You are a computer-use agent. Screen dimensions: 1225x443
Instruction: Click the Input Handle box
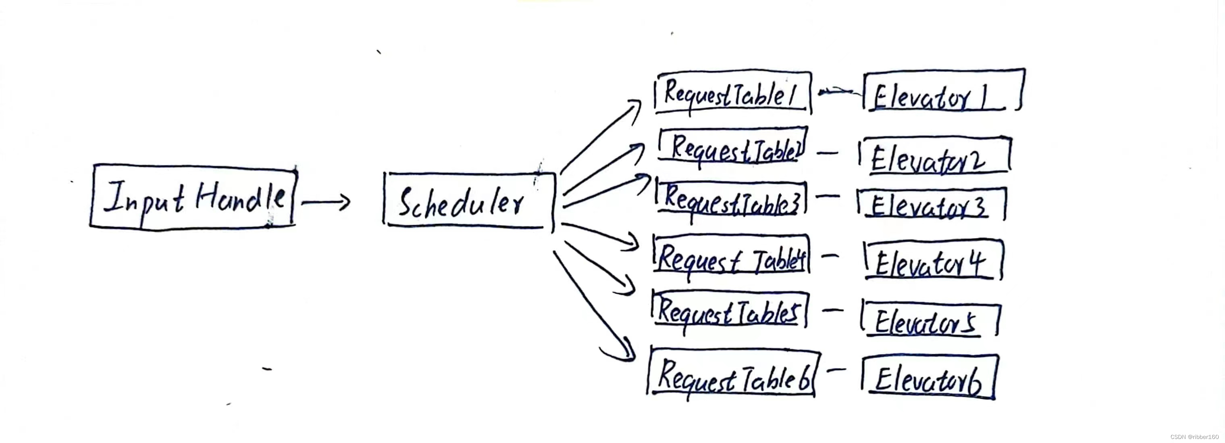[x=193, y=197]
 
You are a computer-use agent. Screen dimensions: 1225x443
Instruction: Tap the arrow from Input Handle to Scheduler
[x=326, y=202]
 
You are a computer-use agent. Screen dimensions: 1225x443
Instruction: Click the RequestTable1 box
[x=733, y=93]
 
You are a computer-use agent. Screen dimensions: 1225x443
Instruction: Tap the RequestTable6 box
[x=733, y=374]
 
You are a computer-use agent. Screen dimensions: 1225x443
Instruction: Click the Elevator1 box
[x=944, y=91]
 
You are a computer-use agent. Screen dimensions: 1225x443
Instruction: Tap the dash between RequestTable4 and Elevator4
[x=830, y=255]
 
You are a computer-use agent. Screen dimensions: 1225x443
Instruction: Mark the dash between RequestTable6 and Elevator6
[x=836, y=369]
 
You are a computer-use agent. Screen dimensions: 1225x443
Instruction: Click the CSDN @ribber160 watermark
[x=1194, y=436]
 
